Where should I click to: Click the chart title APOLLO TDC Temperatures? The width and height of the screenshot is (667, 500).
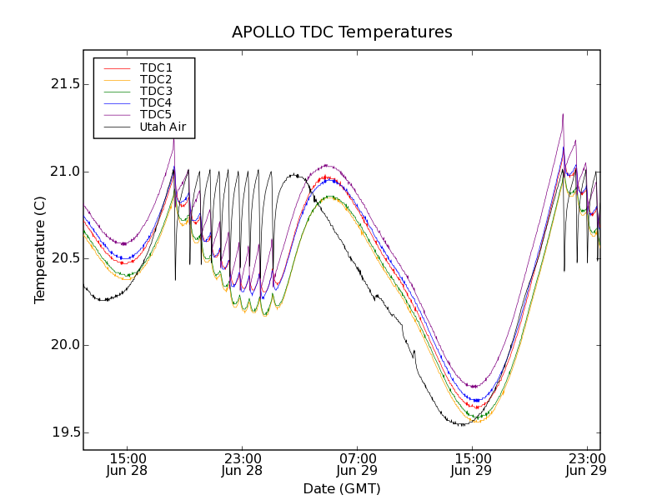tap(342, 32)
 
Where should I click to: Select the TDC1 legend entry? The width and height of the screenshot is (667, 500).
tap(156, 67)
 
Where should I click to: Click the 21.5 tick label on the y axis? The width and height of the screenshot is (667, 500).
tap(58, 85)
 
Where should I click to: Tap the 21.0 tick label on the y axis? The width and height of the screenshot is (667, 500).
tap(58, 172)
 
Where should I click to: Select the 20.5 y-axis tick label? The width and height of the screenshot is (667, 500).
tap(58, 258)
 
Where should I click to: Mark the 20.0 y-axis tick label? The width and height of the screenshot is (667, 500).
tap(58, 345)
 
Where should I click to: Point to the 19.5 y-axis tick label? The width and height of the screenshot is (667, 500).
tap(58, 432)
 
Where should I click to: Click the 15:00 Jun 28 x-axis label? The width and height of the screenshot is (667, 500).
tap(128, 465)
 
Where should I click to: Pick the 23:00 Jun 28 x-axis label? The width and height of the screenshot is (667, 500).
tap(243, 465)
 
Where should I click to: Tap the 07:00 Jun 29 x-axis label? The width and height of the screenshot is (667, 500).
tap(358, 465)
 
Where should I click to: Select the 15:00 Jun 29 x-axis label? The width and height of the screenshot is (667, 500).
tap(473, 465)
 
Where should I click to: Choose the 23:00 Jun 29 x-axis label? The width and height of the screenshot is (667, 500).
tap(587, 465)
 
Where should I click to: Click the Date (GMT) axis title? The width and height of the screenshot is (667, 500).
tap(342, 488)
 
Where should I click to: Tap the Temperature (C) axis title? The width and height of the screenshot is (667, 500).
tap(40, 250)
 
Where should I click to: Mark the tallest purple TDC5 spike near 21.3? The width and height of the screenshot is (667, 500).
tap(563, 116)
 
